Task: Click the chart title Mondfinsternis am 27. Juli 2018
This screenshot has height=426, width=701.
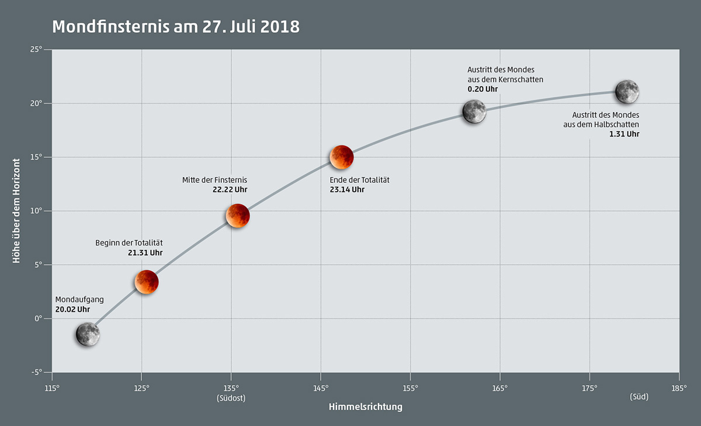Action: (176, 27)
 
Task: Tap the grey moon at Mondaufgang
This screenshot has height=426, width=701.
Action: (88, 334)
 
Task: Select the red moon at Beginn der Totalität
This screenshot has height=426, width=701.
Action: (147, 282)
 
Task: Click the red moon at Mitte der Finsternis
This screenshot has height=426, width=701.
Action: (238, 216)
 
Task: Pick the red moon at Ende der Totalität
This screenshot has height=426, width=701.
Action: (342, 157)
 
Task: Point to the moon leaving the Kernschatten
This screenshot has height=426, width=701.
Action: (474, 111)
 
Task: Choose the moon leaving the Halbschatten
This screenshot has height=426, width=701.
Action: (627, 92)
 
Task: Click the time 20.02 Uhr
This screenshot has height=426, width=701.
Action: (72, 309)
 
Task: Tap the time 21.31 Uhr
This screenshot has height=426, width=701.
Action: (145, 253)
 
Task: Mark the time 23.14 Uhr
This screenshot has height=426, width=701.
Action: (347, 189)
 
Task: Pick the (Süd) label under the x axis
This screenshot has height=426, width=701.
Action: (639, 397)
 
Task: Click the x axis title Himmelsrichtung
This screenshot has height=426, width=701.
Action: (365, 407)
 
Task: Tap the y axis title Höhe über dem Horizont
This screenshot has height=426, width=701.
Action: (17, 210)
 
